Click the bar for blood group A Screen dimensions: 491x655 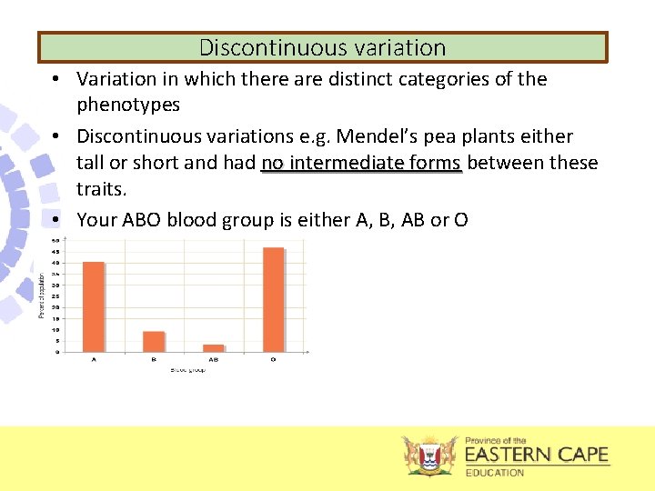[94, 306]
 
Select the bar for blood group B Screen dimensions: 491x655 [154, 341]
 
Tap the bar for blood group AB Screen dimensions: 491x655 [214, 347]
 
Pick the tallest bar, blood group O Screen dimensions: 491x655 [273, 299]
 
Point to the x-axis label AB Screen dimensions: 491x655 [214, 360]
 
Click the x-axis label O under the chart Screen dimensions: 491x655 [273, 360]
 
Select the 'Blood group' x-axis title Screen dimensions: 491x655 [187, 370]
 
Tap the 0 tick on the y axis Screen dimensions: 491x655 [58, 352]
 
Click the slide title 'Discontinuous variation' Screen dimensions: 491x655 [322, 47]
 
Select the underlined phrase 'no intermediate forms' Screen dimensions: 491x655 [361, 163]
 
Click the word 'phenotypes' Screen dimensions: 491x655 [128, 105]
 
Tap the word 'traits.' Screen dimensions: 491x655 [103, 188]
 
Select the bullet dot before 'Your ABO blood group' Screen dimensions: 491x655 [56, 219]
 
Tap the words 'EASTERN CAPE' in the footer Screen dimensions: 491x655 [537, 455]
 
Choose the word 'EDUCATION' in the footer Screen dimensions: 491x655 [495, 473]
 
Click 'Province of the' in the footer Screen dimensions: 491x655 [496, 440]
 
